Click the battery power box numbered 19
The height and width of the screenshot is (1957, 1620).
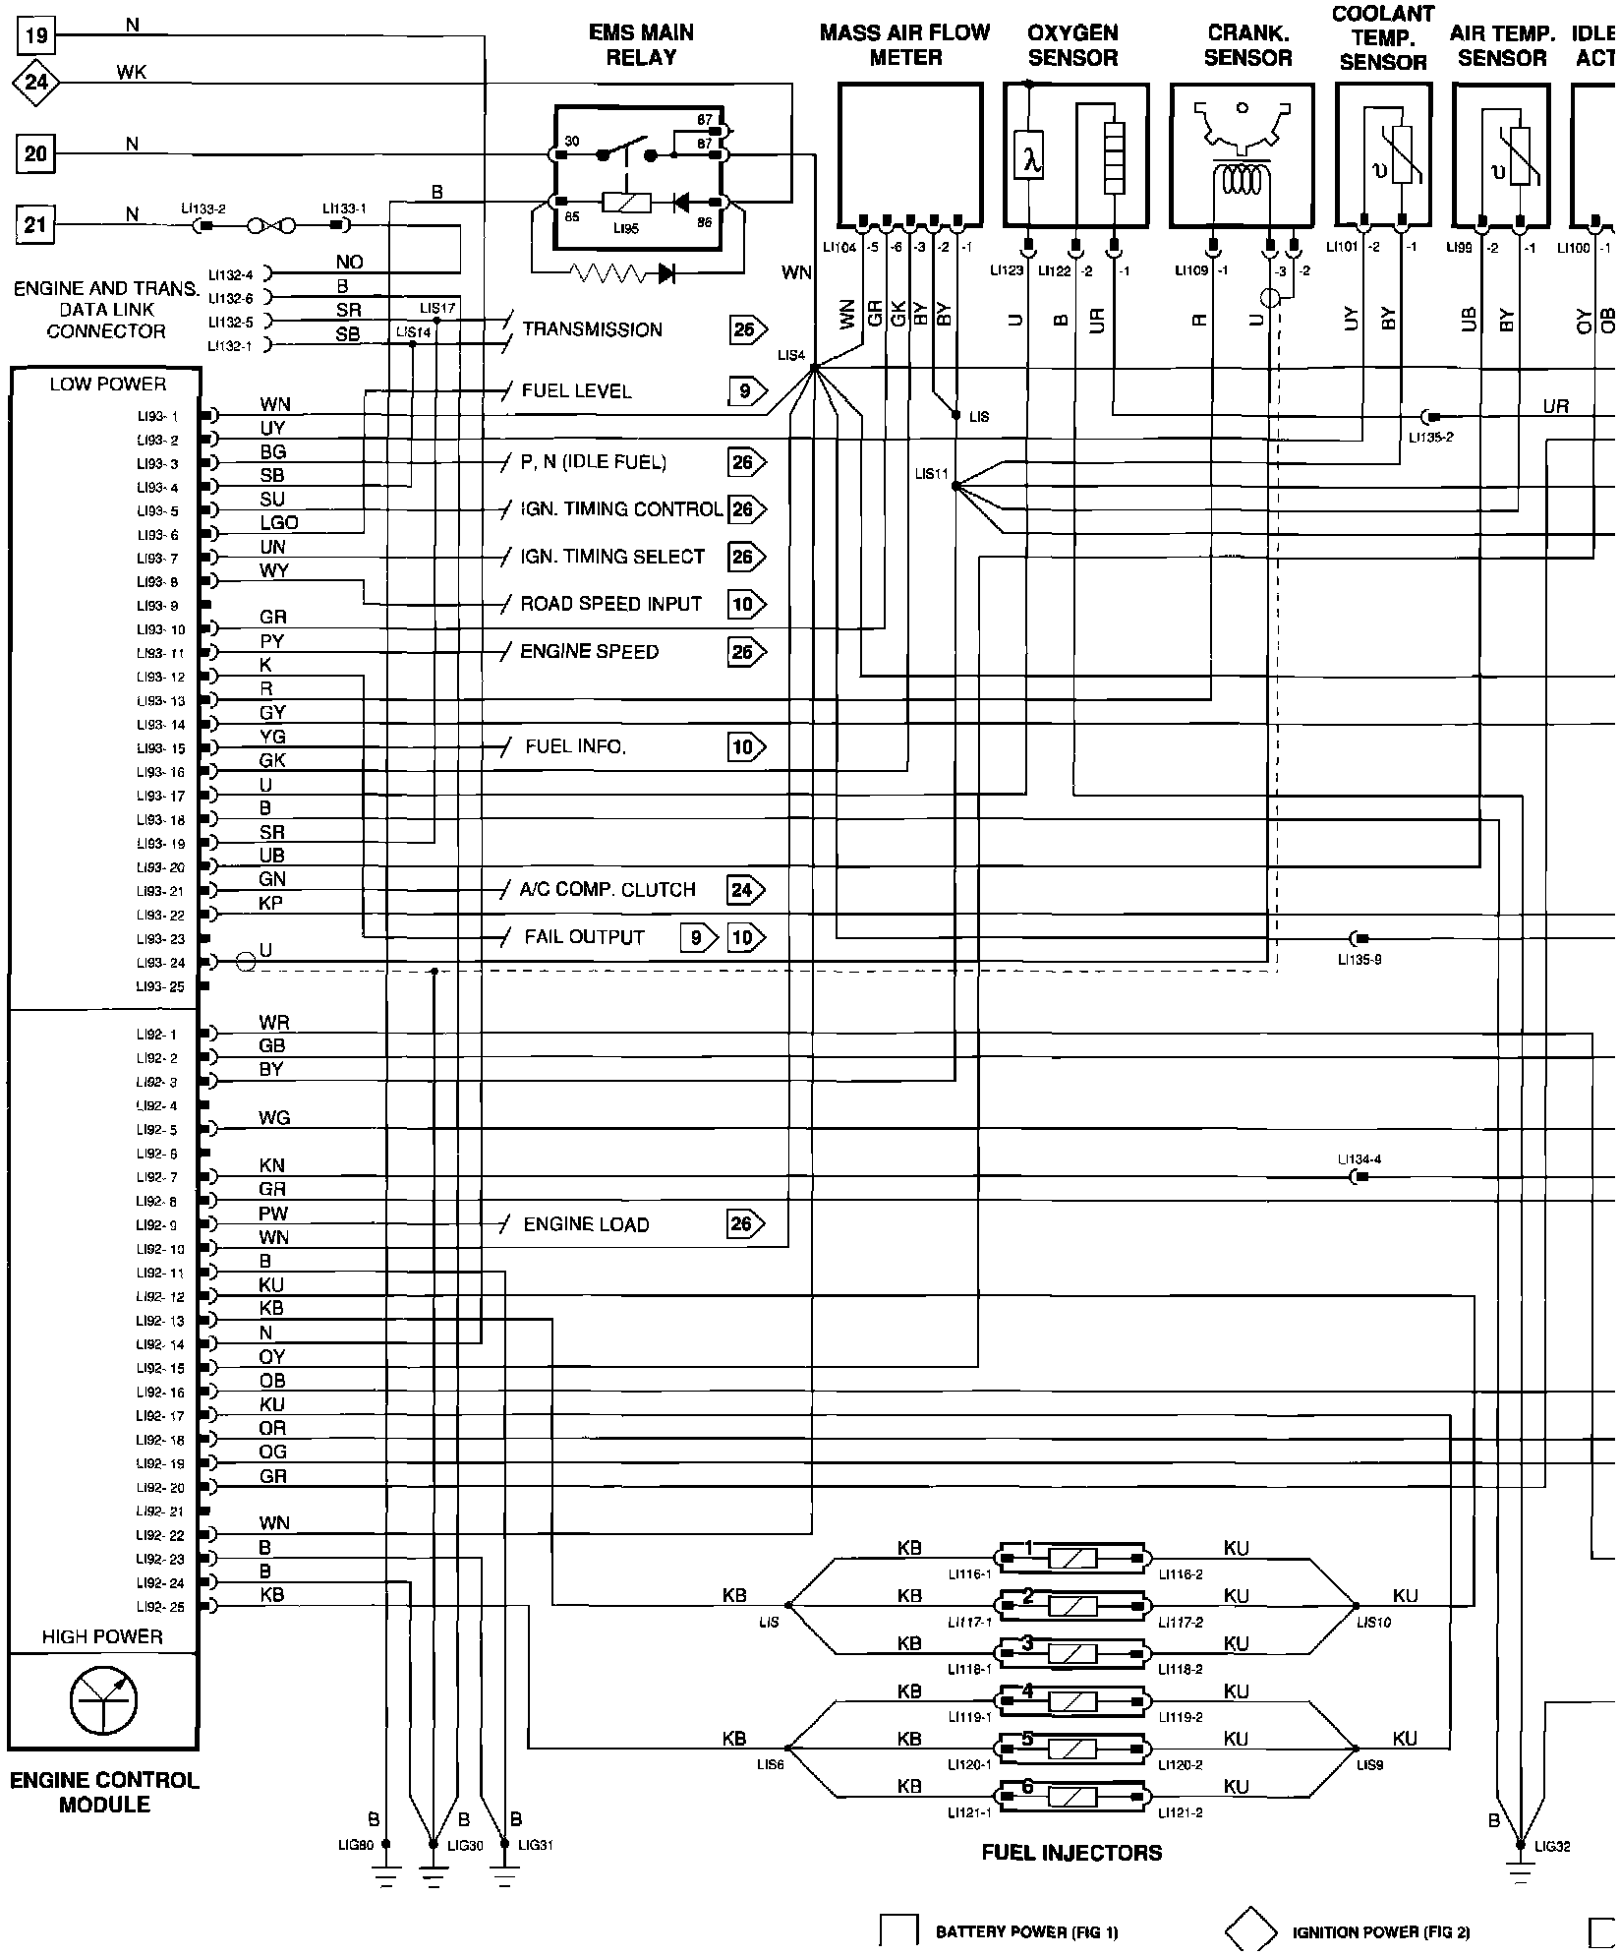35,37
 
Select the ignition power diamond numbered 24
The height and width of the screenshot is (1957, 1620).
35,82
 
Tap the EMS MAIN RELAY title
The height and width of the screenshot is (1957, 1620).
641,45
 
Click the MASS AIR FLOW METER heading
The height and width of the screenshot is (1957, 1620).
905,45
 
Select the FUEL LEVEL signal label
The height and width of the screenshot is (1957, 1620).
576,391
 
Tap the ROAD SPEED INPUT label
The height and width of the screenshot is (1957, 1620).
610,604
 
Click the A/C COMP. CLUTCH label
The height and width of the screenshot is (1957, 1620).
607,890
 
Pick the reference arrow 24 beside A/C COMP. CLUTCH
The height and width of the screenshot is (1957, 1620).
744,890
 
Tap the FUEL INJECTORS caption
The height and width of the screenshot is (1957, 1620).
1071,1853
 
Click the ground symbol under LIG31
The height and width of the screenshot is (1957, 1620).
504,1877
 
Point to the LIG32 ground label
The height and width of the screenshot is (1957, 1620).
1551,1846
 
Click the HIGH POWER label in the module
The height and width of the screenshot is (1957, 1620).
102,1636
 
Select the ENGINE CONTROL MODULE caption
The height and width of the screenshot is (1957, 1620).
104,1792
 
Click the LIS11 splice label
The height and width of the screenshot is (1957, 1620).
931,474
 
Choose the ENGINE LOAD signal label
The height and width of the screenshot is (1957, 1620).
586,1224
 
